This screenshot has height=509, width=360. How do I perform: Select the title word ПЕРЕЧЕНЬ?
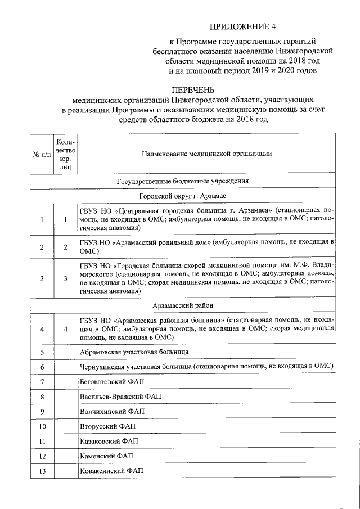(193, 89)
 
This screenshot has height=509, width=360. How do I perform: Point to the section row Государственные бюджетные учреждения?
(183, 181)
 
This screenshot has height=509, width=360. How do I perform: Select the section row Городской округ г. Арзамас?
(183, 195)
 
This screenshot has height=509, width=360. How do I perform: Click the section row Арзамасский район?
(183, 305)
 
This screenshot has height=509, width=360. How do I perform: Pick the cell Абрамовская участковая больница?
(134, 352)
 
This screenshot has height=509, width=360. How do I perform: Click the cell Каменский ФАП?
(107, 456)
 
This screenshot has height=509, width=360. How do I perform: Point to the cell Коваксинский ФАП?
(111, 470)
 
